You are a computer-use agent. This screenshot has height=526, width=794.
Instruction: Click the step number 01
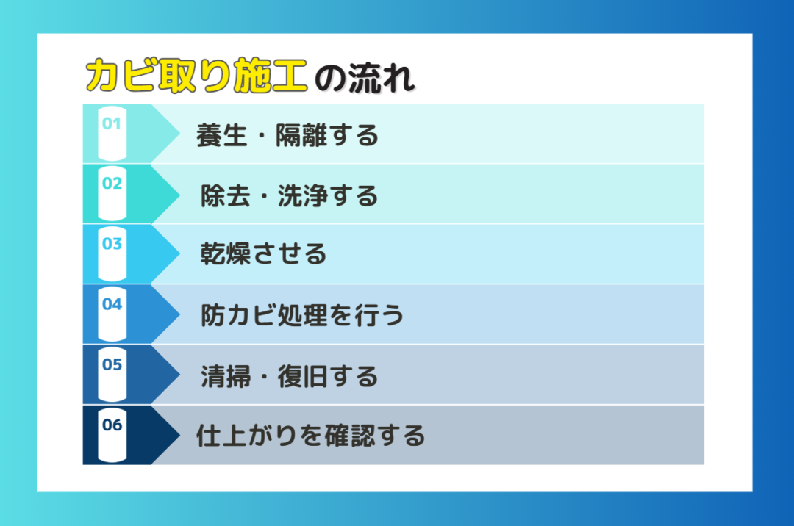[112, 123]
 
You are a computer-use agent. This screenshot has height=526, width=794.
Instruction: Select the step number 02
[112, 183]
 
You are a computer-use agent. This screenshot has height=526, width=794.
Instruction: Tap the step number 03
[112, 244]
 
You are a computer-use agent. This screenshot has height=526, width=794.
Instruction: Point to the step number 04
[112, 304]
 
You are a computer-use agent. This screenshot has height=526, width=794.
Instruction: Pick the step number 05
[112, 364]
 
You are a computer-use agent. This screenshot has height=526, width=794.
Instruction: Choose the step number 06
[112, 425]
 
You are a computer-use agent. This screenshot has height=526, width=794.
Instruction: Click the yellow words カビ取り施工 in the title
[196, 76]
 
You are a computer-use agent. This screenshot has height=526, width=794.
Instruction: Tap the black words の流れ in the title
[365, 78]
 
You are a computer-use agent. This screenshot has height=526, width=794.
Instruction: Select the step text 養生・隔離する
[287, 136]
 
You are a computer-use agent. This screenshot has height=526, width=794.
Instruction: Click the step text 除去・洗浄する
[290, 195]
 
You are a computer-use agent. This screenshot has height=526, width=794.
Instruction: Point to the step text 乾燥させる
[263, 253]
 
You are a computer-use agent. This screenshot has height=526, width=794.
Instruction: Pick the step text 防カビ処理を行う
[302, 315]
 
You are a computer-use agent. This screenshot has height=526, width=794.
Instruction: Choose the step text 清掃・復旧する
[290, 377]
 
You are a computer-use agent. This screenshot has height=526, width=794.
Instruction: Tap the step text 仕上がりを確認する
[311, 436]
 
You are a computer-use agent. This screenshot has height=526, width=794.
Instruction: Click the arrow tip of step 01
[180, 134]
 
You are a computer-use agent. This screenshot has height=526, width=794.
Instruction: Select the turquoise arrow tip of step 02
[180, 194]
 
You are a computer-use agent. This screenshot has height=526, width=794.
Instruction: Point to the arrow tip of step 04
[180, 314]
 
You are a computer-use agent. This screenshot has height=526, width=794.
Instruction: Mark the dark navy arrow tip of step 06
[180, 435]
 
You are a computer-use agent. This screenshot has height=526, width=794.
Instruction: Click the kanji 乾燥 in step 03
[226, 253]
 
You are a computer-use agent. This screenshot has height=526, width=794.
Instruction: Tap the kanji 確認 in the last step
[349, 436]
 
